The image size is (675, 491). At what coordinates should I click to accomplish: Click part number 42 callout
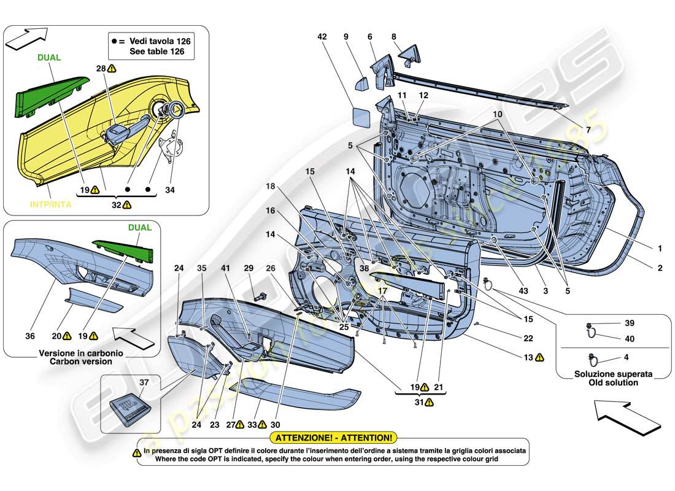tap(322, 36)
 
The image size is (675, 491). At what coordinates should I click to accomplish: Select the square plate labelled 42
tap(360, 115)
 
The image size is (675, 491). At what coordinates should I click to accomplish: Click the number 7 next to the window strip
tap(587, 130)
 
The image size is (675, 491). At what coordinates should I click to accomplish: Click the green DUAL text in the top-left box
tap(48, 57)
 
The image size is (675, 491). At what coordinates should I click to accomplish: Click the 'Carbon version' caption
tap(75, 361)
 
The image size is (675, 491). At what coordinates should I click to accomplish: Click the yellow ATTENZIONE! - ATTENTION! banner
tap(334, 438)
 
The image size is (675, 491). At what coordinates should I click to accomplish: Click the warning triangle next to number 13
tap(538, 357)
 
